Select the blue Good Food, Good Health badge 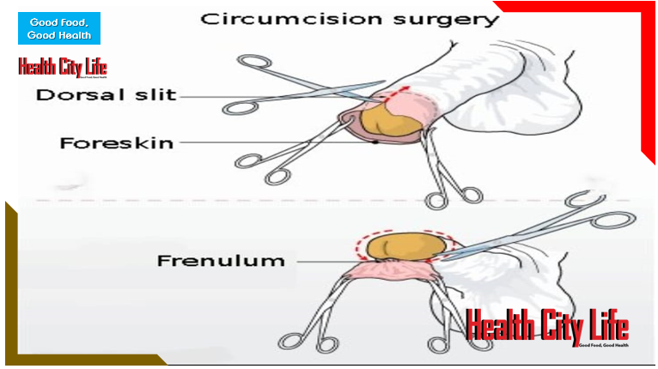point(59,29)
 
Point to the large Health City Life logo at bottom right point(547,327)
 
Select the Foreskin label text point(116,142)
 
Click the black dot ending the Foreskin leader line point(375,142)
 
